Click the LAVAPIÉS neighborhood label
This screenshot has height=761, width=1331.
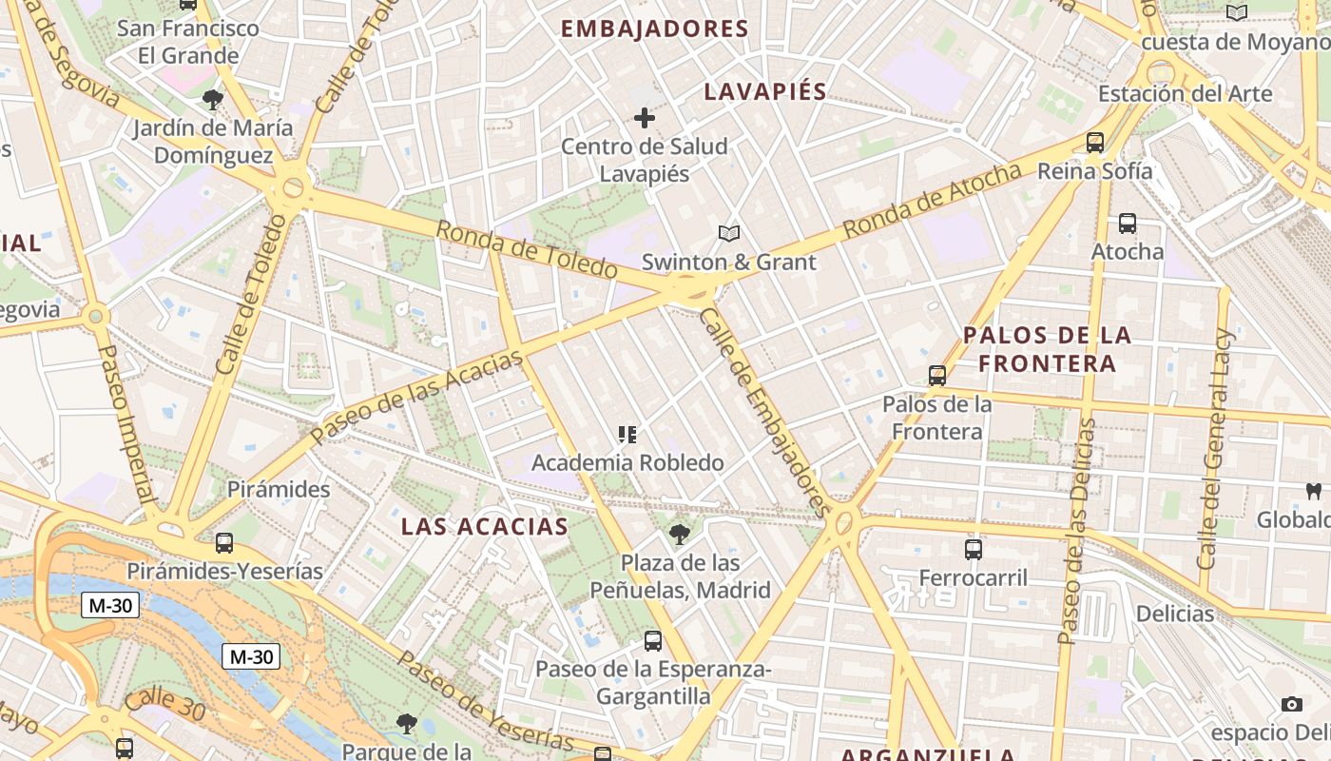tap(765, 92)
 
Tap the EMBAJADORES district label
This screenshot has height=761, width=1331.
tap(655, 29)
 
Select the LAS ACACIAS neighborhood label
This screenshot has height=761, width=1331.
tap(485, 526)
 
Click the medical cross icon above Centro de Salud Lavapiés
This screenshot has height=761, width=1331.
tap(645, 118)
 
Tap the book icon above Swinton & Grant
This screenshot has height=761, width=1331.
tap(729, 233)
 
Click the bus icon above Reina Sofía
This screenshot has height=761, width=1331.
tap(1095, 143)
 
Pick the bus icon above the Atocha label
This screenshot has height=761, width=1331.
tap(1128, 224)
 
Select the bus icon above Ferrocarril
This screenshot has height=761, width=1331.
tap(974, 549)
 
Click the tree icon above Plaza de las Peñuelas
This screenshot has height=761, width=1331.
tap(679, 534)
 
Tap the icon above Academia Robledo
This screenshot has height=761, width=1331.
tap(627, 435)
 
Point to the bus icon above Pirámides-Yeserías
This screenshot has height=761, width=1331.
tap(224, 543)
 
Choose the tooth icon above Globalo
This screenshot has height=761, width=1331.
tap(1315, 492)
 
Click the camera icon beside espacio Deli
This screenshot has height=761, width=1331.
tap(1291, 704)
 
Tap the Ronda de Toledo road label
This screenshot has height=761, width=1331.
tap(527, 249)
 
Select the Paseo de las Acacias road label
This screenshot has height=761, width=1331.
tap(417, 396)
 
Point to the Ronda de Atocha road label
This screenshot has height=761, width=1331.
tap(932, 201)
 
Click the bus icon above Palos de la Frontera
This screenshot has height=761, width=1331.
tap(937, 376)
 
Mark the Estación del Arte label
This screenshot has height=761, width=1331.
tap(1185, 93)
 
